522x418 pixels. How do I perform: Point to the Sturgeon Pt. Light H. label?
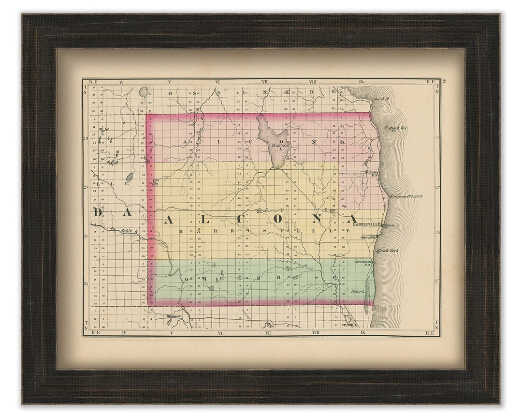click(406, 196)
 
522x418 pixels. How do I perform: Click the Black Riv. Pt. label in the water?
click(396, 129)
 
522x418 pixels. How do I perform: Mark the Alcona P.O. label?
click(371, 173)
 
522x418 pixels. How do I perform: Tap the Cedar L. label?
click(357, 292)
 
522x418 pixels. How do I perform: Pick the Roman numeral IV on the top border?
click(124, 82)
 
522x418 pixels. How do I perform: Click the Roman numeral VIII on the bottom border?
click(316, 333)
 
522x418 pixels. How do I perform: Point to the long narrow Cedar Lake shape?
click(366, 289)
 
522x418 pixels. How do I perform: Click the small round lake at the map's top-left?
click(144, 91)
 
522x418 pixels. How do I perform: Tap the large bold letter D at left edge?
click(98, 212)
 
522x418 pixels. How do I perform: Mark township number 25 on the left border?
click(86, 284)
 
